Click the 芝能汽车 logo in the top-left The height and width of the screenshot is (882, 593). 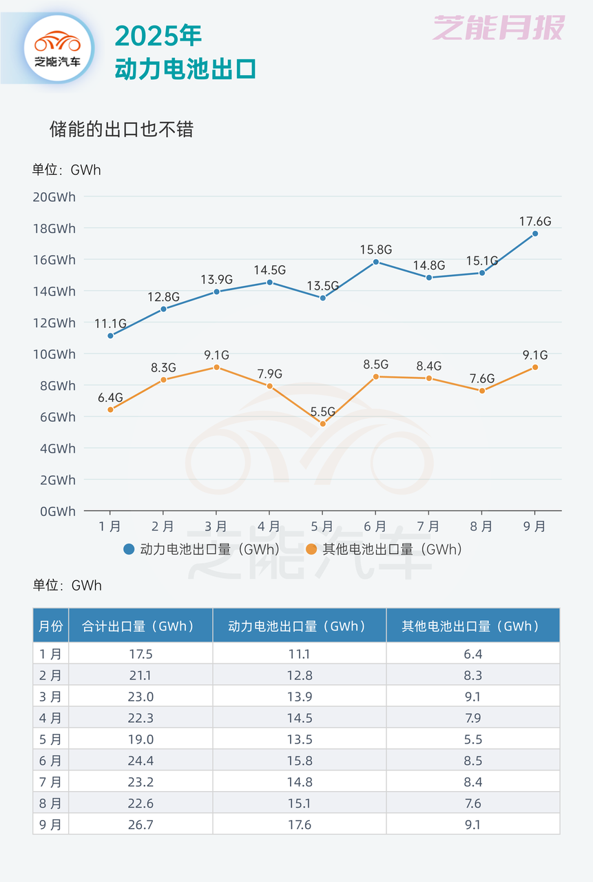(x=58, y=48)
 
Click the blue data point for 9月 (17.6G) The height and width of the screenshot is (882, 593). (x=535, y=234)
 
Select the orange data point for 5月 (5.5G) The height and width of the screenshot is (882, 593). (x=322, y=424)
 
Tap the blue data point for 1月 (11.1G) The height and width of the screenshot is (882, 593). (x=110, y=336)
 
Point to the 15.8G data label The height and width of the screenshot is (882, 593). (x=375, y=249)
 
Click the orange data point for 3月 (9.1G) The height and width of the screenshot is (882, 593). (x=216, y=367)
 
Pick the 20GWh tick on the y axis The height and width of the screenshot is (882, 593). (x=54, y=197)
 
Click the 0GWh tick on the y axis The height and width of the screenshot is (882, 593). (x=57, y=511)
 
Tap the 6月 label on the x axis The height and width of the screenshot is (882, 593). (x=375, y=526)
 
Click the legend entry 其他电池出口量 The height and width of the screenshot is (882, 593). (x=384, y=549)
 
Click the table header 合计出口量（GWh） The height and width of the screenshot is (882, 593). (x=138, y=626)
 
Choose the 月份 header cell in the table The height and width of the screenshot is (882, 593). (x=50, y=626)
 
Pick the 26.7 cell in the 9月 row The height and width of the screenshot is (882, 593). (x=141, y=825)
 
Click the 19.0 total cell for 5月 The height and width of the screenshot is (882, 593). (x=141, y=739)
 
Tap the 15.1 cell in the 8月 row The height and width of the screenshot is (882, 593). (x=299, y=803)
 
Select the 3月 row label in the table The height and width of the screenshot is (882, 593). (x=50, y=697)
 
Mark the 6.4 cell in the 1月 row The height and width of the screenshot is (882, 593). (x=472, y=654)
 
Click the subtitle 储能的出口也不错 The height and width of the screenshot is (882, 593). (x=121, y=130)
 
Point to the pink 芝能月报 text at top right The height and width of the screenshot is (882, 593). (x=498, y=28)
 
